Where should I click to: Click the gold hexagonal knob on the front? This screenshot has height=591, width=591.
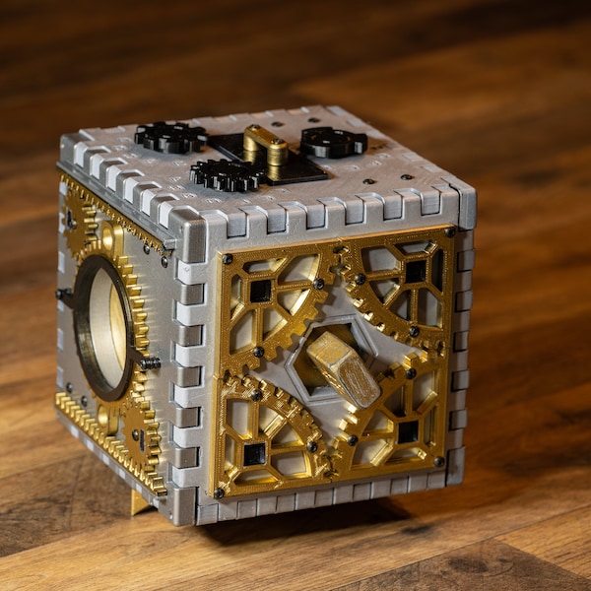pyautogui.click(x=342, y=369)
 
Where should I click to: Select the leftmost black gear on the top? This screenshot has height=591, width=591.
pyautogui.click(x=170, y=137)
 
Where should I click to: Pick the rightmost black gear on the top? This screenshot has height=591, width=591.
pyautogui.click(x=333, y=142)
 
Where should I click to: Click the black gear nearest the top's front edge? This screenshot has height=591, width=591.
pyautogui.click(x=228, y=174)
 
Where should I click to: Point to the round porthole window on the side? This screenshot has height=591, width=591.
pyautogui.click(x=103, y=327)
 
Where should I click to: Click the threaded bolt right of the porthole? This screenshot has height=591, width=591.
pyautogui.click(x=148, y=362)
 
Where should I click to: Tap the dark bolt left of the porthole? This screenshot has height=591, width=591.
pyautogui.click(x=65, y=294)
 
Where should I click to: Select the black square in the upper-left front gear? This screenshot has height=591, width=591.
pyautogui.click(x=260, y=291)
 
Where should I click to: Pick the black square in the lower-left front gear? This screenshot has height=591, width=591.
pyautogui.click(x=254, y=453)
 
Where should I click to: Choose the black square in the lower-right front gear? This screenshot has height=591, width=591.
pyautogui.click(x=408, y=431)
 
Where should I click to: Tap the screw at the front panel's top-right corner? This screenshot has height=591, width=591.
pyautogui.click(x=449, y=232)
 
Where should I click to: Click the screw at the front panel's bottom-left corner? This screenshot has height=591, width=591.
pyautogui.click(x=219, y=492)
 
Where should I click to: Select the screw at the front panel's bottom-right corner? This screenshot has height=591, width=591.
pyautogui.click(x=439, y=461)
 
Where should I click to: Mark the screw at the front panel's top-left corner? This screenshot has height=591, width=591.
pyautogui.click(x=227, y=259)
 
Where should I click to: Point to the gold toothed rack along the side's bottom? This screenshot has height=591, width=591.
pyautogui.click(x=108, y=438)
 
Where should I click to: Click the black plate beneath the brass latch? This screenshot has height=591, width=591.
pyautogui.click(x=295, y=167)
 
